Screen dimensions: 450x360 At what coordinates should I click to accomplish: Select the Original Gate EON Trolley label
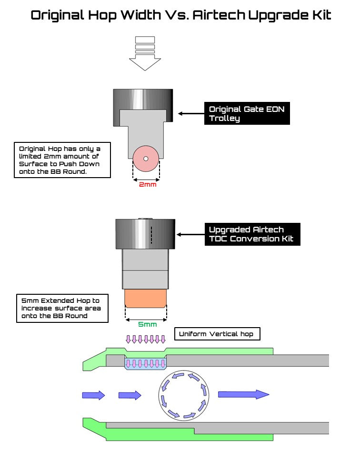click(247, 114)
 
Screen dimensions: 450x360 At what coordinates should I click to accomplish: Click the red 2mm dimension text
click(147, 184)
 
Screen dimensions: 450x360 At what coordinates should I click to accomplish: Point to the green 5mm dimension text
click(147, 324)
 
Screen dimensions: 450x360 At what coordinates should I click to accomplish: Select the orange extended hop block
click(146, 299)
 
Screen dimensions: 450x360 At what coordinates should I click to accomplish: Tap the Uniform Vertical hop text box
click(217, 334)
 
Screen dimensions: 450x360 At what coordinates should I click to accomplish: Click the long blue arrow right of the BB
click(243, 394)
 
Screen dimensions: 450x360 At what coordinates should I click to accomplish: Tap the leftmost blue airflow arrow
click(93, 395)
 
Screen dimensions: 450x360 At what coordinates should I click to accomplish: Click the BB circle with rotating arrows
click(183, 395)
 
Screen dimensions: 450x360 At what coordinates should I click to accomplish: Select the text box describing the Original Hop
click(62, 160)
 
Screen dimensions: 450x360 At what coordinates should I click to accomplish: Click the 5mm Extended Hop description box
click(62, 308)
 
